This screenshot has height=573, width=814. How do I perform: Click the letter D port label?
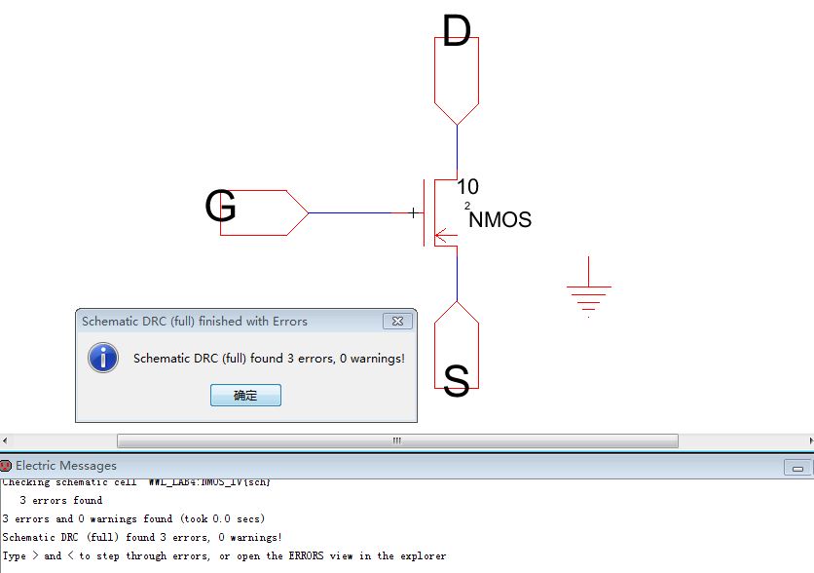tap(456, 31)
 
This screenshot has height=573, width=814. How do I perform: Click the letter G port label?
tap(221, 207)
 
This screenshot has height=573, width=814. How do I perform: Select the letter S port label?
tap(456, 380)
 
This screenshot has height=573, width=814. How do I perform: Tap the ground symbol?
tap(589, 290)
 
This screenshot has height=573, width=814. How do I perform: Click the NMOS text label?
tap(500, 220)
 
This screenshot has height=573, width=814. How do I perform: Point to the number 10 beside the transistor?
tap(467, 187)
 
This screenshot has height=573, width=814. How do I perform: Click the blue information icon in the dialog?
tap(102, 358)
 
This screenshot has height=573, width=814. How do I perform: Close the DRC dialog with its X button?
tap(397, 321)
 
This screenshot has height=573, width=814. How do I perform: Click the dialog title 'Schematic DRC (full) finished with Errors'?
tap(195, 321)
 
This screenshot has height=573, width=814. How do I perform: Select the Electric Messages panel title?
tap(65, 466)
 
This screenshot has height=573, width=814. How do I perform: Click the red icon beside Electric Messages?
tap(6, 466)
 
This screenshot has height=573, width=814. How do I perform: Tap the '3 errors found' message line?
tap(60, 500)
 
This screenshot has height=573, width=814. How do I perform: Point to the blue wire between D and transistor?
tap(457, 151)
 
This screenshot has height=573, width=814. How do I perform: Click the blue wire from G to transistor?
tap(351, 212)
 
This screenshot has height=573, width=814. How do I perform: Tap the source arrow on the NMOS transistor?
tap(441, 234)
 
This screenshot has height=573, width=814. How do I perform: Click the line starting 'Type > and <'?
tap(224, 555)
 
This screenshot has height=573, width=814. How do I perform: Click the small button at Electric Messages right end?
tap(797, 468)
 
